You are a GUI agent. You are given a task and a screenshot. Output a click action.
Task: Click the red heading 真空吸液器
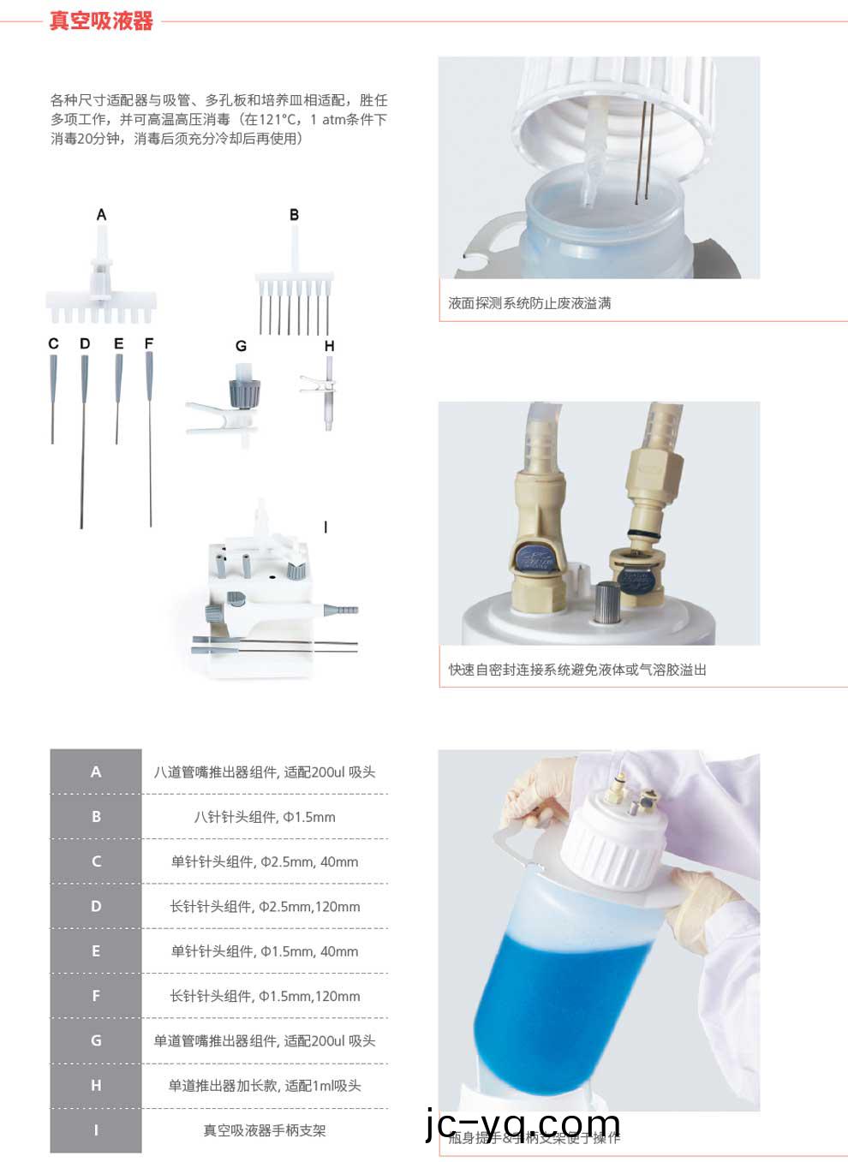click(x=101, y=21)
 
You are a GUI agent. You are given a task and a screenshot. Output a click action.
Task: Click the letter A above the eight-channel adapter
click(x=101, y=214)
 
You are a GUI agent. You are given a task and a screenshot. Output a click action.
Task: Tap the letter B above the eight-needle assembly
click(x=294, y=214)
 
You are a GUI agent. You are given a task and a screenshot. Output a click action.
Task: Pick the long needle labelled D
click(x=83, y=437)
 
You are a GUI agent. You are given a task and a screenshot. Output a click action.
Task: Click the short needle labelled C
click(x=53, y=394)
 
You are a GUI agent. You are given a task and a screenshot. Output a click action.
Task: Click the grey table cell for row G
click(x=96, y=1040)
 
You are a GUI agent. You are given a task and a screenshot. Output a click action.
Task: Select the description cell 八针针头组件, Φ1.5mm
click(x=265, y=817)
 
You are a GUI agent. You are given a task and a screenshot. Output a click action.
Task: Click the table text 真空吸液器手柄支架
click(x=265, y=1130)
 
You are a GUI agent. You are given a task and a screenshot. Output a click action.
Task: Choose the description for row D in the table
click(x=265, y=906)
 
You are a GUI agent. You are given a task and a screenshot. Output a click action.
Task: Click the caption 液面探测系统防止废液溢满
click(x=529, y=303)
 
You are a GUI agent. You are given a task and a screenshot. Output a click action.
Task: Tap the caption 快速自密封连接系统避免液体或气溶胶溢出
click(x=577, y=670)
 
